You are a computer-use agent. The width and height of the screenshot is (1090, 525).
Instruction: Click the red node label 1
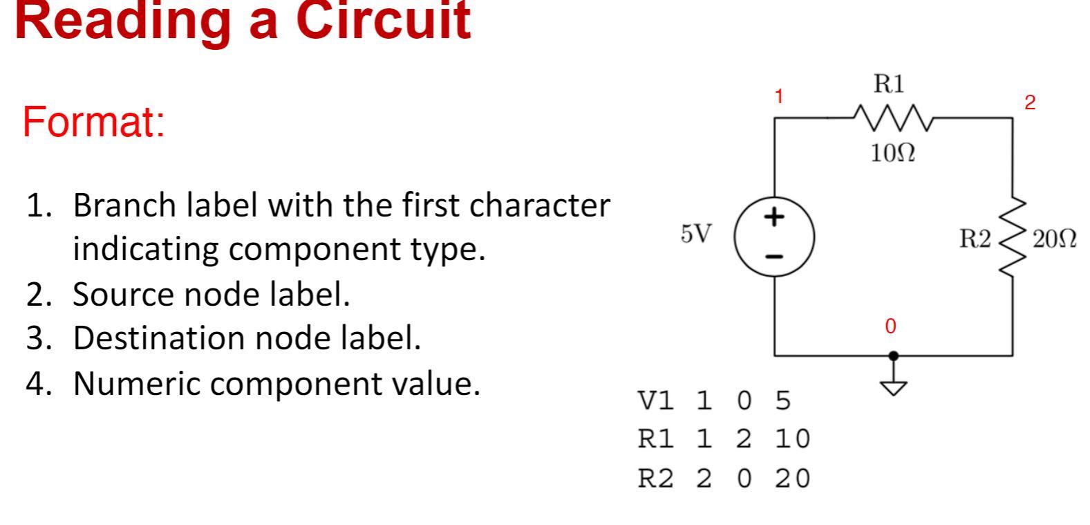click(779, 97)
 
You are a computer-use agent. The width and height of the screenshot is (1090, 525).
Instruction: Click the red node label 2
click(1030, 103)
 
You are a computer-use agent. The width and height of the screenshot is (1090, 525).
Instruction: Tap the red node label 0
click(890, 326)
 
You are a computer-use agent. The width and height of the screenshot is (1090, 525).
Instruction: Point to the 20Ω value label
click(1054, 240)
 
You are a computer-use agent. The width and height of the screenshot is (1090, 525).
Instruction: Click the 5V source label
click(695, 234)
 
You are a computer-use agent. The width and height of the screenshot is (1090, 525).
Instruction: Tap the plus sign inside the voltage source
click(775, 217)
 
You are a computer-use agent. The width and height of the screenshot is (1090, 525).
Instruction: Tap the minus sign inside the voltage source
click(775, 257)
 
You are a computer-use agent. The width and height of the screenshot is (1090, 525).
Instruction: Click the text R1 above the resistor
click(888, 84)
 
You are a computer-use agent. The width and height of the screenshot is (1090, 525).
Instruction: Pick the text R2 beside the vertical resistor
click(975, 239)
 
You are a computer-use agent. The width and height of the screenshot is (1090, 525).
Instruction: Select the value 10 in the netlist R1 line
click(792, 439)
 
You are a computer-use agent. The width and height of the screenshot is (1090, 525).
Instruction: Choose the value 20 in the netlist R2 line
click(792, 478)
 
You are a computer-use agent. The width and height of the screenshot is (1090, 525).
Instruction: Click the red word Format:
click(93, 122)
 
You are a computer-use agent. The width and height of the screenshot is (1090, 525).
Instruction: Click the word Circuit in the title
click(384, 21)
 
